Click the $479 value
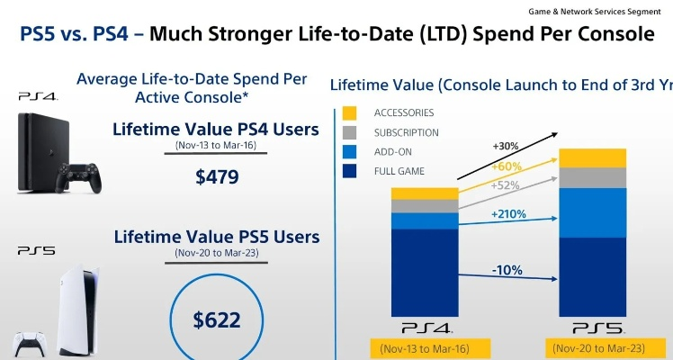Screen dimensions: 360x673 pos(217,176)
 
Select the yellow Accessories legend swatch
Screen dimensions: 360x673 pos(351,113)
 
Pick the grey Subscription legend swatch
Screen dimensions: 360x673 pos(351,132)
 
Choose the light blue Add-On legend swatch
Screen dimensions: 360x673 pos(351,151)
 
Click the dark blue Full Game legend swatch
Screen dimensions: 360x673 pos(351,170)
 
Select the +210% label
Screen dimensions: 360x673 pos(508,215)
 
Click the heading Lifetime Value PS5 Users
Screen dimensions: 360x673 pos(216,238)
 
